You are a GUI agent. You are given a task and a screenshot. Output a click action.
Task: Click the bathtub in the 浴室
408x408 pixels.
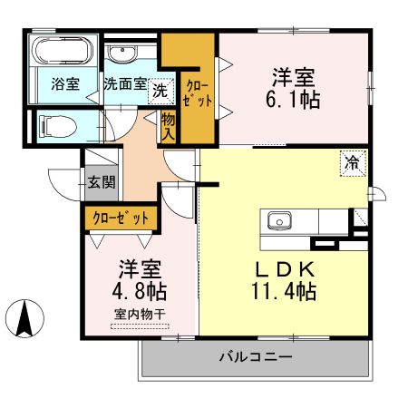[63, 51]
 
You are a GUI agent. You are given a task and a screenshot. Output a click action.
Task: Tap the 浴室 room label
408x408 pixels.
[65, 83]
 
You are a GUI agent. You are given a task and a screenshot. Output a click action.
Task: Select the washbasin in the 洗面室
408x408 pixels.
[122, 53]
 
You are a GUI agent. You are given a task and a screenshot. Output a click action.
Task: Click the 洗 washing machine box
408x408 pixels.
[160, 92]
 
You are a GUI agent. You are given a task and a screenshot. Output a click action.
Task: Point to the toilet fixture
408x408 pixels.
[58, 127]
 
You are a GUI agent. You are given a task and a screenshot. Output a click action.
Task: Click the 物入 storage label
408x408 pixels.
[168, 128]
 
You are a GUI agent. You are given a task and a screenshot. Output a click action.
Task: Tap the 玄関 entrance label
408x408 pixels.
[102, 182]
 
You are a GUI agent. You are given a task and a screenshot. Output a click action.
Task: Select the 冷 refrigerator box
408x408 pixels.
[353, 163]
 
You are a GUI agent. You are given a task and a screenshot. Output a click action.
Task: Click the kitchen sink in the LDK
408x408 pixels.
[279, 220]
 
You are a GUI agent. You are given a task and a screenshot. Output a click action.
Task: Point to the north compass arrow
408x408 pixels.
[24, 318]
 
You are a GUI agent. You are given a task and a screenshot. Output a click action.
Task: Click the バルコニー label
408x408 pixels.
[256, 357]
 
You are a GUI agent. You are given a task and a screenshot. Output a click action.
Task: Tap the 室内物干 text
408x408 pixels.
[140, 315]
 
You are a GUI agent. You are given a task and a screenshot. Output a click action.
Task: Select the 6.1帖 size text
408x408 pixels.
[293, 100]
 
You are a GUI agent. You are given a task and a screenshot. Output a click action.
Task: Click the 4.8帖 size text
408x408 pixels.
[139, 291]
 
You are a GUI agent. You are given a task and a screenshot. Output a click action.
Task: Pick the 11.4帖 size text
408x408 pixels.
[284, 291]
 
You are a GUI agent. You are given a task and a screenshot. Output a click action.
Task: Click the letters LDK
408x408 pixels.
[285, 270]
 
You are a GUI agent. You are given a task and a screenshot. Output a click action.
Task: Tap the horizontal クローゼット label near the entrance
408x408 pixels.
[121, 218]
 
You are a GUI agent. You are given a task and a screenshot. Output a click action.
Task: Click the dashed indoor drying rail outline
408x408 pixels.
[140, 326]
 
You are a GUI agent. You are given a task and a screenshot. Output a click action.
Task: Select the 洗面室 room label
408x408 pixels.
[125, 83]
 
